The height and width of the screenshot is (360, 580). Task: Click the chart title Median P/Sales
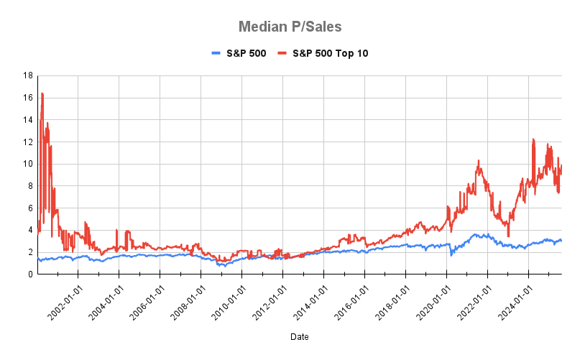point(290,27)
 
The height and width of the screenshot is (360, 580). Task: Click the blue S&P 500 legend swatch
point(218,53)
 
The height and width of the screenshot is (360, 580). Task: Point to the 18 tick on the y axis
point(27,75)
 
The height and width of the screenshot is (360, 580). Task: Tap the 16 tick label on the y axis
point(27,98)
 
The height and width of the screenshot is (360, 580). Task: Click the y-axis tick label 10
point(27,164)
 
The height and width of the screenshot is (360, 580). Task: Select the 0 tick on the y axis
point(29,274)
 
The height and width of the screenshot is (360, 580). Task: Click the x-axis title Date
point(300,336)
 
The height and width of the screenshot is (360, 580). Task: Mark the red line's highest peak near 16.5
point(42,93)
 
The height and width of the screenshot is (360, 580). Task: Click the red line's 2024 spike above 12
point(533,139)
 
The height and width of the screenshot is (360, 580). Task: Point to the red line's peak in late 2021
point(478,162)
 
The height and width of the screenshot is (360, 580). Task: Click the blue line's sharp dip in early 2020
point(451,255)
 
